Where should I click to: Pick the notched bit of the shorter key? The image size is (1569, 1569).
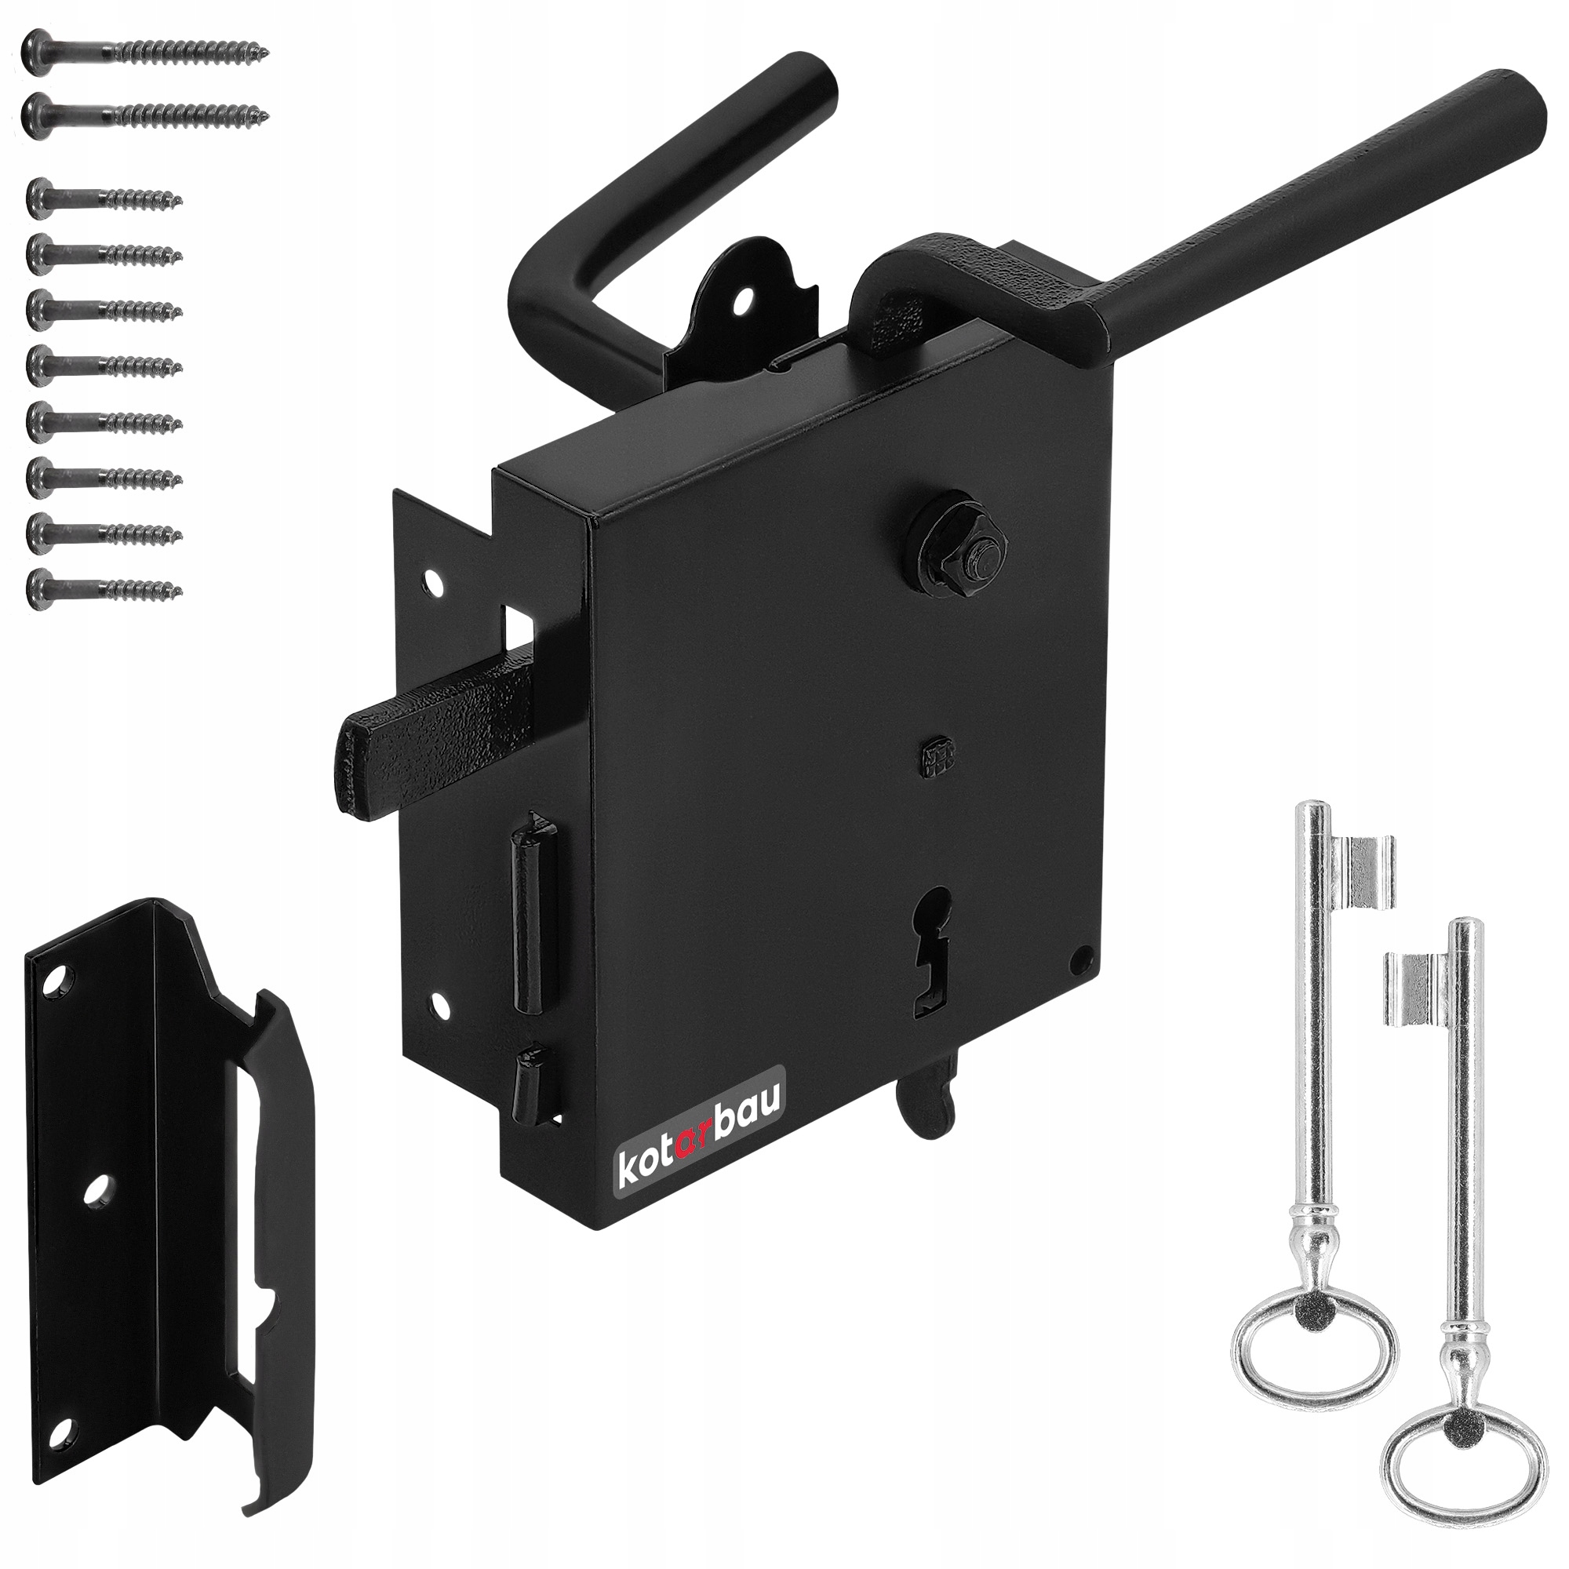[x=1416, y=988]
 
